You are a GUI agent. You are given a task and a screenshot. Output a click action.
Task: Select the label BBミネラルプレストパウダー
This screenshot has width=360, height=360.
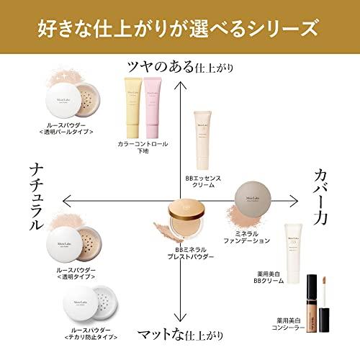[x=189, y=252]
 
